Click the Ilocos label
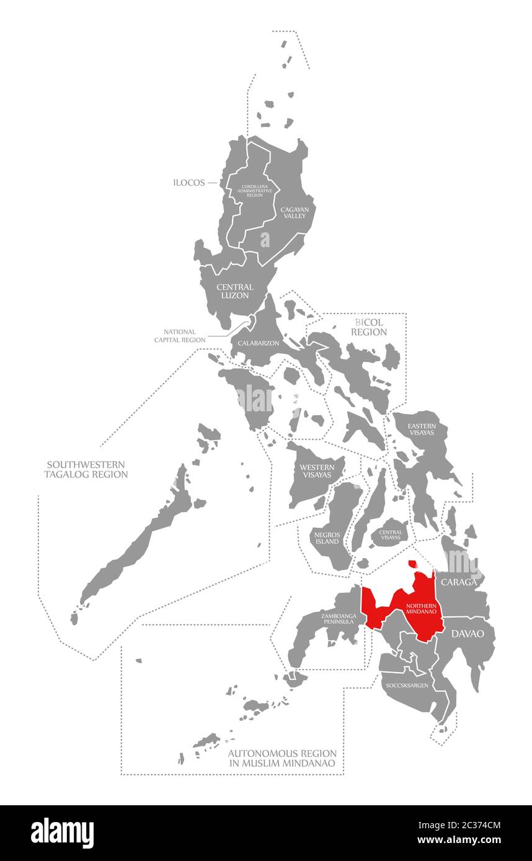[x=190, y=183]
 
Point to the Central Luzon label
[x=235, y=291]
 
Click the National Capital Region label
[x=180, y=336]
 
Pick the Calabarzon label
[x=259, y=343]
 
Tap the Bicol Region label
[x=369, y=327]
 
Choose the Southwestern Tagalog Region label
[x=86, y=469]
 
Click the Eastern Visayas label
[x=422, y=429]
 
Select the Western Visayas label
[x=317, y=471]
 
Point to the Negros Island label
[x=327, y=537]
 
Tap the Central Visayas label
[x=391, y=535]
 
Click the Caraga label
[x=459, y=582]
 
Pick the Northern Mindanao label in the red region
[x=422, y=608]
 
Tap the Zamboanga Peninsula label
[x=339, y=618]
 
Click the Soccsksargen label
[x=407, y=686]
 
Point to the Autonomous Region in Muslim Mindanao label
[x=282, y=758]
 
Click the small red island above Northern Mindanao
[x=412, y=564]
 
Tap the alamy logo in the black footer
[x=62, y=833]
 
